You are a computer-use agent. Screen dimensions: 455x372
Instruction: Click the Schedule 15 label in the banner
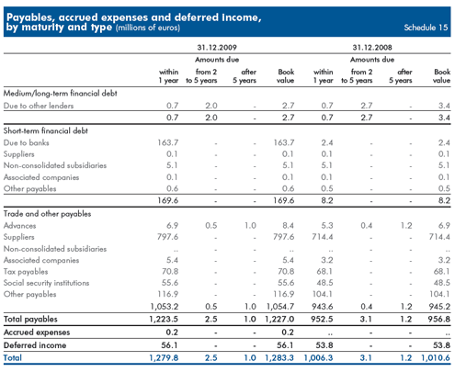(426, 28)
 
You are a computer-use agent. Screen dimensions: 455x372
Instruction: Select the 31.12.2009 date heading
(217, 48)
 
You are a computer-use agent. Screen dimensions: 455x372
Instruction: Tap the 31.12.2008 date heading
(372, 48)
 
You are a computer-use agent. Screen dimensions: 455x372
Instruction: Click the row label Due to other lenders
(39, 106)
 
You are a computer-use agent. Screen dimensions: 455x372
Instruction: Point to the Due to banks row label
(27, 142)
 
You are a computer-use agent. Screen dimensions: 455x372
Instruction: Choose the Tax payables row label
(26, 272)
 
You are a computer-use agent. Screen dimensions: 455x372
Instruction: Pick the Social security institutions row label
(46, 283)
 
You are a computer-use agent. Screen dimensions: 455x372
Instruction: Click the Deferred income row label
(35, 345)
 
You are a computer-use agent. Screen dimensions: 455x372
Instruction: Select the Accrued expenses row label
(37, 333)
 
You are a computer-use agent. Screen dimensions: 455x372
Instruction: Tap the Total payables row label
(30, 320)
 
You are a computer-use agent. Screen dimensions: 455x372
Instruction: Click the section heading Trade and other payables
(47, 214)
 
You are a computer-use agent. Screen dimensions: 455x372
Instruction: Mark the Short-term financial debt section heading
(46, 130)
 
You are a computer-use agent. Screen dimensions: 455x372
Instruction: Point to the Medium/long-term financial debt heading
(61, 93)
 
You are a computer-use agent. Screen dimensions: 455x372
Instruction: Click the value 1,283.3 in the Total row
(279, 358)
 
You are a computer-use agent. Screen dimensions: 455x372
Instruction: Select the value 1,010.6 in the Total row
(436, 358)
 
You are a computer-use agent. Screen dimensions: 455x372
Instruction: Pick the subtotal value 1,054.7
(280, 307)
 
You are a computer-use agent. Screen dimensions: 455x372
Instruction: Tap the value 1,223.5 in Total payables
(164, 320)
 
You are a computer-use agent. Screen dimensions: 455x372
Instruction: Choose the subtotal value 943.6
(322, 307)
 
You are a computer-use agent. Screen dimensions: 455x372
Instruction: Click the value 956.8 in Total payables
(439, 320)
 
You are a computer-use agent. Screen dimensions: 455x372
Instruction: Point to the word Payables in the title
(30, 17)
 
